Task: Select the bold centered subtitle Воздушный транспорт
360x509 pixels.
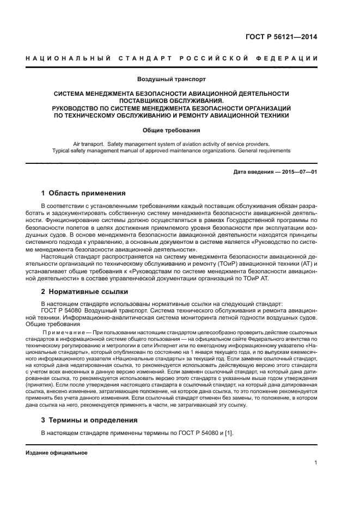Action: point(172,79)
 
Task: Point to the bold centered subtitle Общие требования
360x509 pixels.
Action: point(172,130)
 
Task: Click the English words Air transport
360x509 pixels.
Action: point(89,144)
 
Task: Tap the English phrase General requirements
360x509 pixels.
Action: point(261,151)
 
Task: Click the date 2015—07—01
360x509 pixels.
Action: point(298,173)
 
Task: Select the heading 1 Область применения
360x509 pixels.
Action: point(84,193)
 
